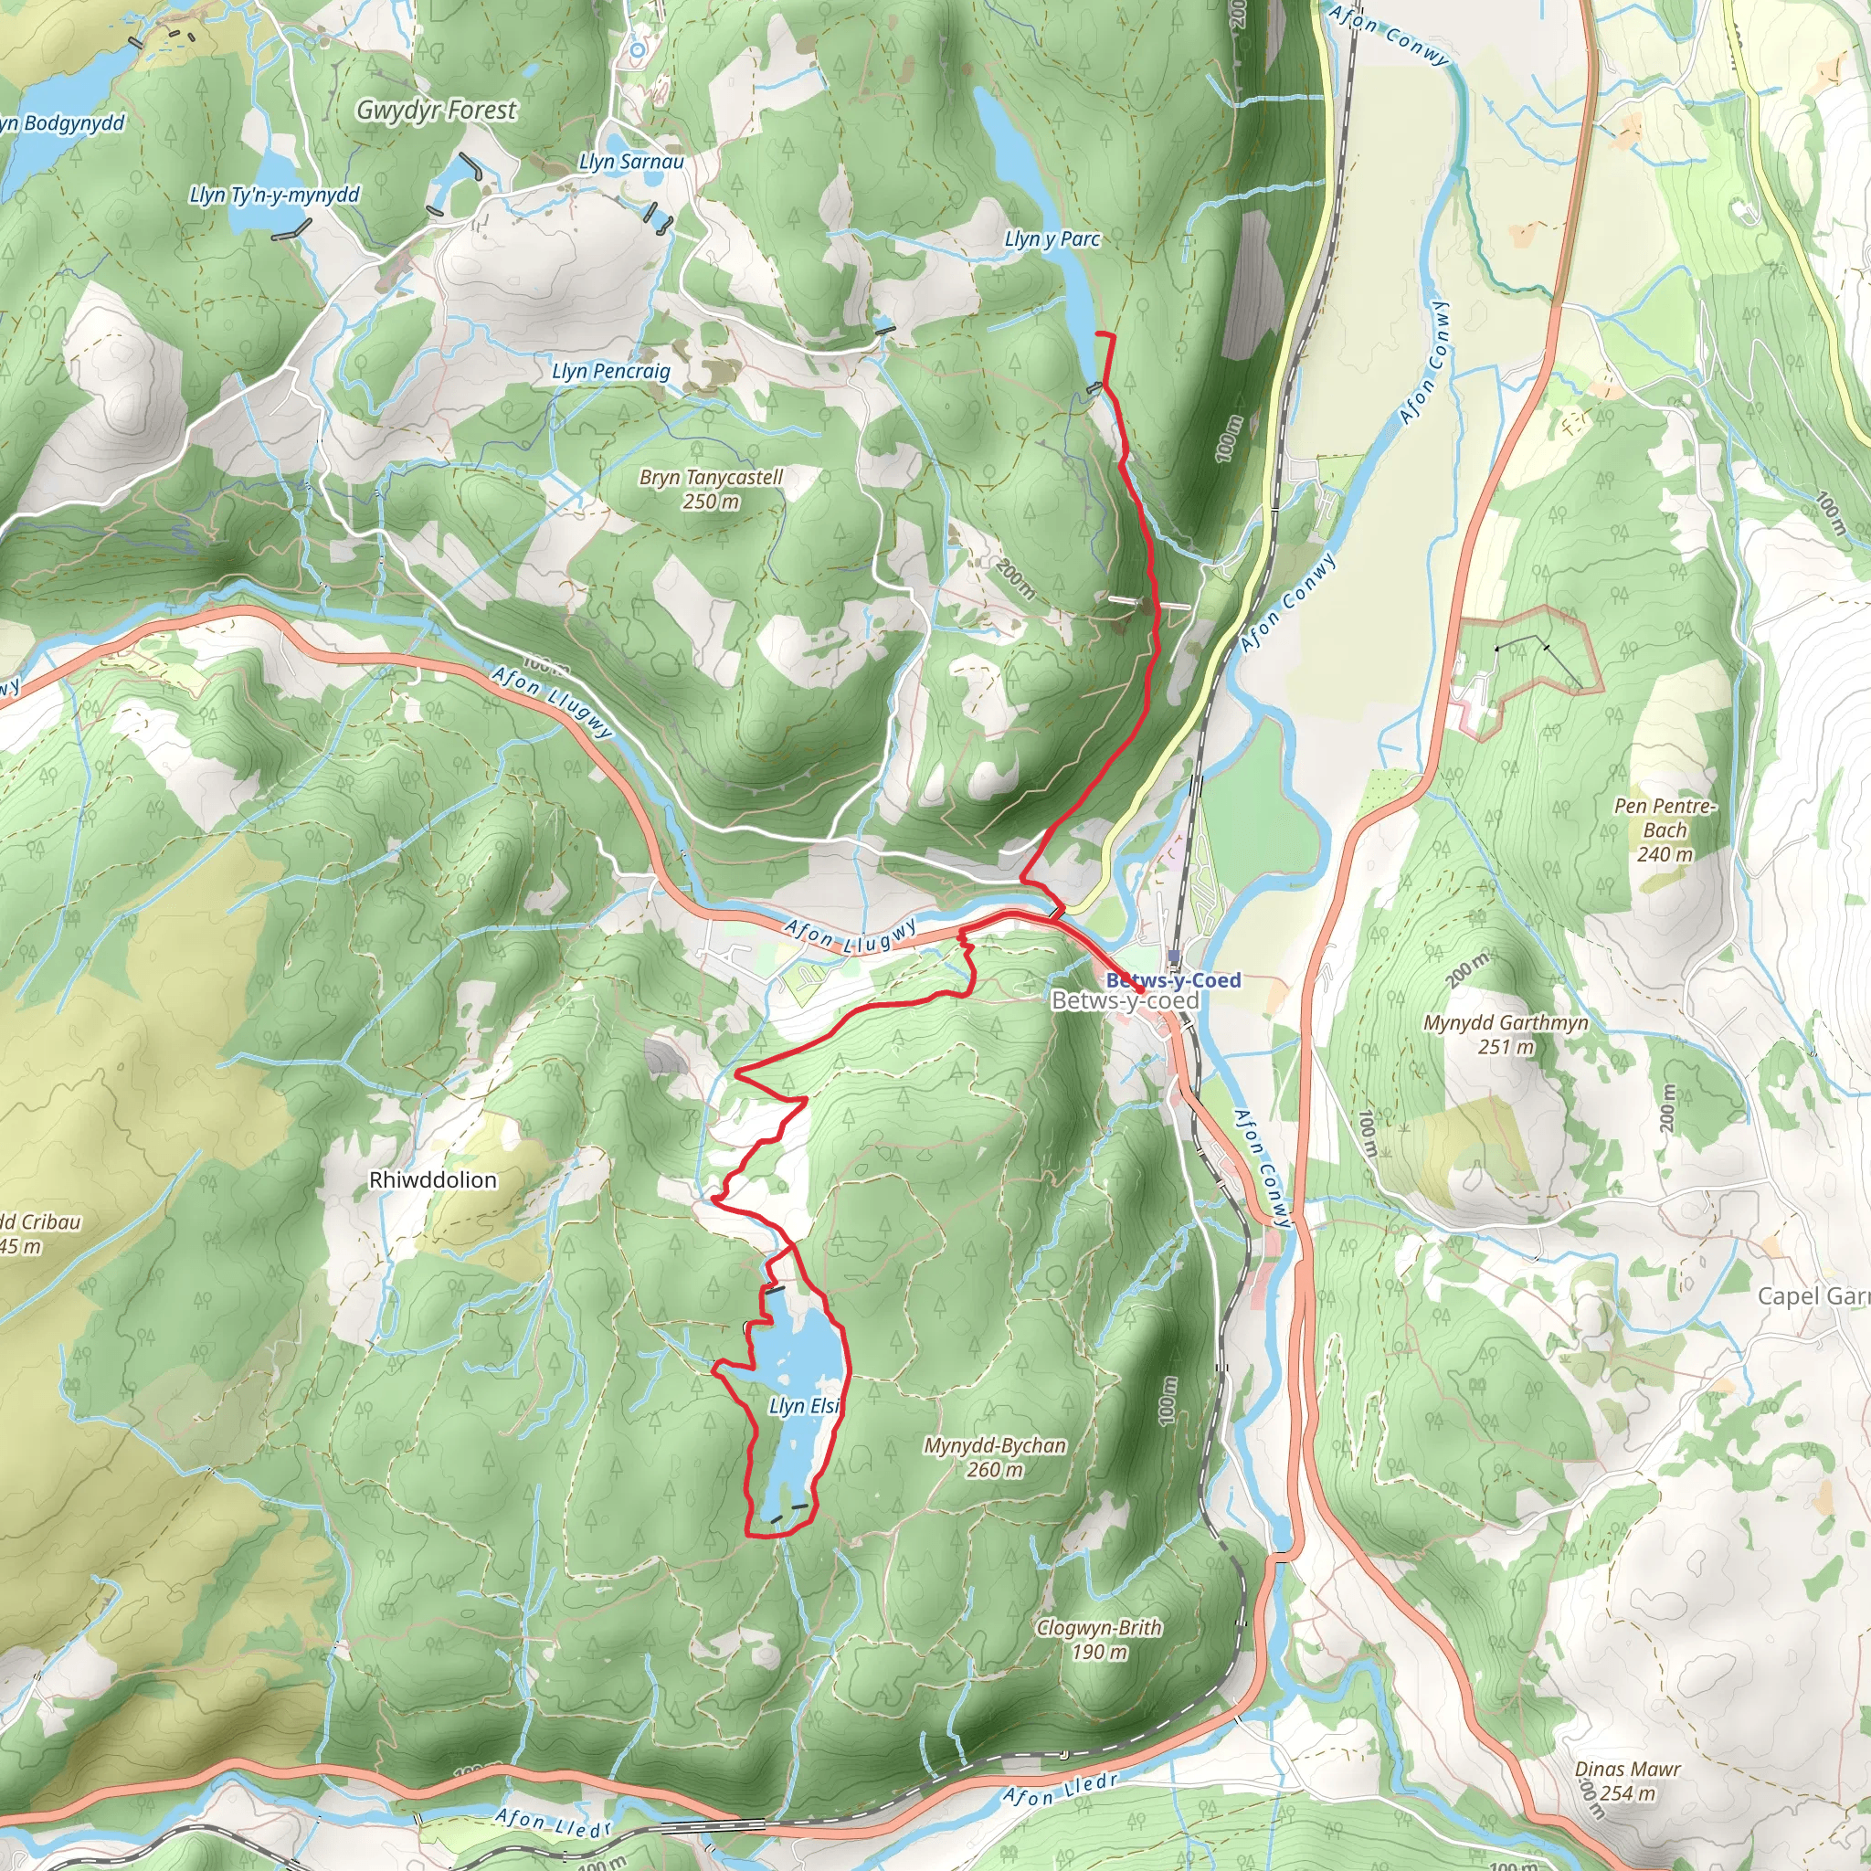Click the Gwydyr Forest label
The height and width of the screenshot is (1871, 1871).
[436, 111]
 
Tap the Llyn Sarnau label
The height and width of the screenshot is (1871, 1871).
[630, 162]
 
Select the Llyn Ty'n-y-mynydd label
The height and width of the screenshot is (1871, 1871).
[274, 195]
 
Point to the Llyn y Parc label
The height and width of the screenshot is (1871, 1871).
[1052, 238]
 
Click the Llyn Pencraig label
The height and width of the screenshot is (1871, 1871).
[610, 371]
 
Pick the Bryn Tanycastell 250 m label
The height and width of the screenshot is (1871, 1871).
[710, 489]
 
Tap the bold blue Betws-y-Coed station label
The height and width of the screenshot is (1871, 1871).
[1173, 980]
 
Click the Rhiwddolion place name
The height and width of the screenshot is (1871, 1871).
[433, 1179]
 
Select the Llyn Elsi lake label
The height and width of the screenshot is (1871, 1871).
[803, 1405]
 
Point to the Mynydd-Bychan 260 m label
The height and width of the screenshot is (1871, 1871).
[995, 1456]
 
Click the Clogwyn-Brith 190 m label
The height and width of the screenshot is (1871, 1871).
[1098, 1640]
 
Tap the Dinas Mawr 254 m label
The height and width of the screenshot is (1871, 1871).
[1627, 1781]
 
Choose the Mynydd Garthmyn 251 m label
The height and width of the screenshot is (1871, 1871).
[1505, 1034]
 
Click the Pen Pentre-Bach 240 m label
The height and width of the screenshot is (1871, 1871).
[1664, 830]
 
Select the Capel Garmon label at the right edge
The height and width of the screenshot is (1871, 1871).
[1813, 1295]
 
